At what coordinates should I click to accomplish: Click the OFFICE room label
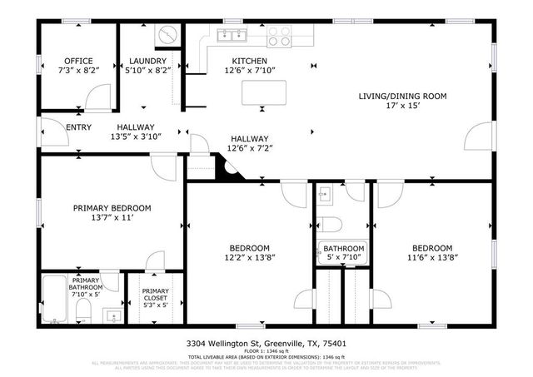78,61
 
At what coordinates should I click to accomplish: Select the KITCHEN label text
249,61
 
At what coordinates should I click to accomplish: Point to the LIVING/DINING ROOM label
403,96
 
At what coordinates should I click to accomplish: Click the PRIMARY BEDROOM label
112,208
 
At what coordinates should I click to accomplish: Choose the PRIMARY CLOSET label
154,291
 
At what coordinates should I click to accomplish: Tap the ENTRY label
78,126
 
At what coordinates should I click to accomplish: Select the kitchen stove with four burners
279,36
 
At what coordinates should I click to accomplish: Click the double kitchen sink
231,35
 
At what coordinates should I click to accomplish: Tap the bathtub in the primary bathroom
56,299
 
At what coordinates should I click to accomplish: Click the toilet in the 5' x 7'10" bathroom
329,225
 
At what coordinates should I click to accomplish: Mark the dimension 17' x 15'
403,106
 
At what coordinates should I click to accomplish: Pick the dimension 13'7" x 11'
112,218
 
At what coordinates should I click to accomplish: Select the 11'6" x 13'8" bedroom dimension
432,258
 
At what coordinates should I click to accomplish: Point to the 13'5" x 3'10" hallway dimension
136,136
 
